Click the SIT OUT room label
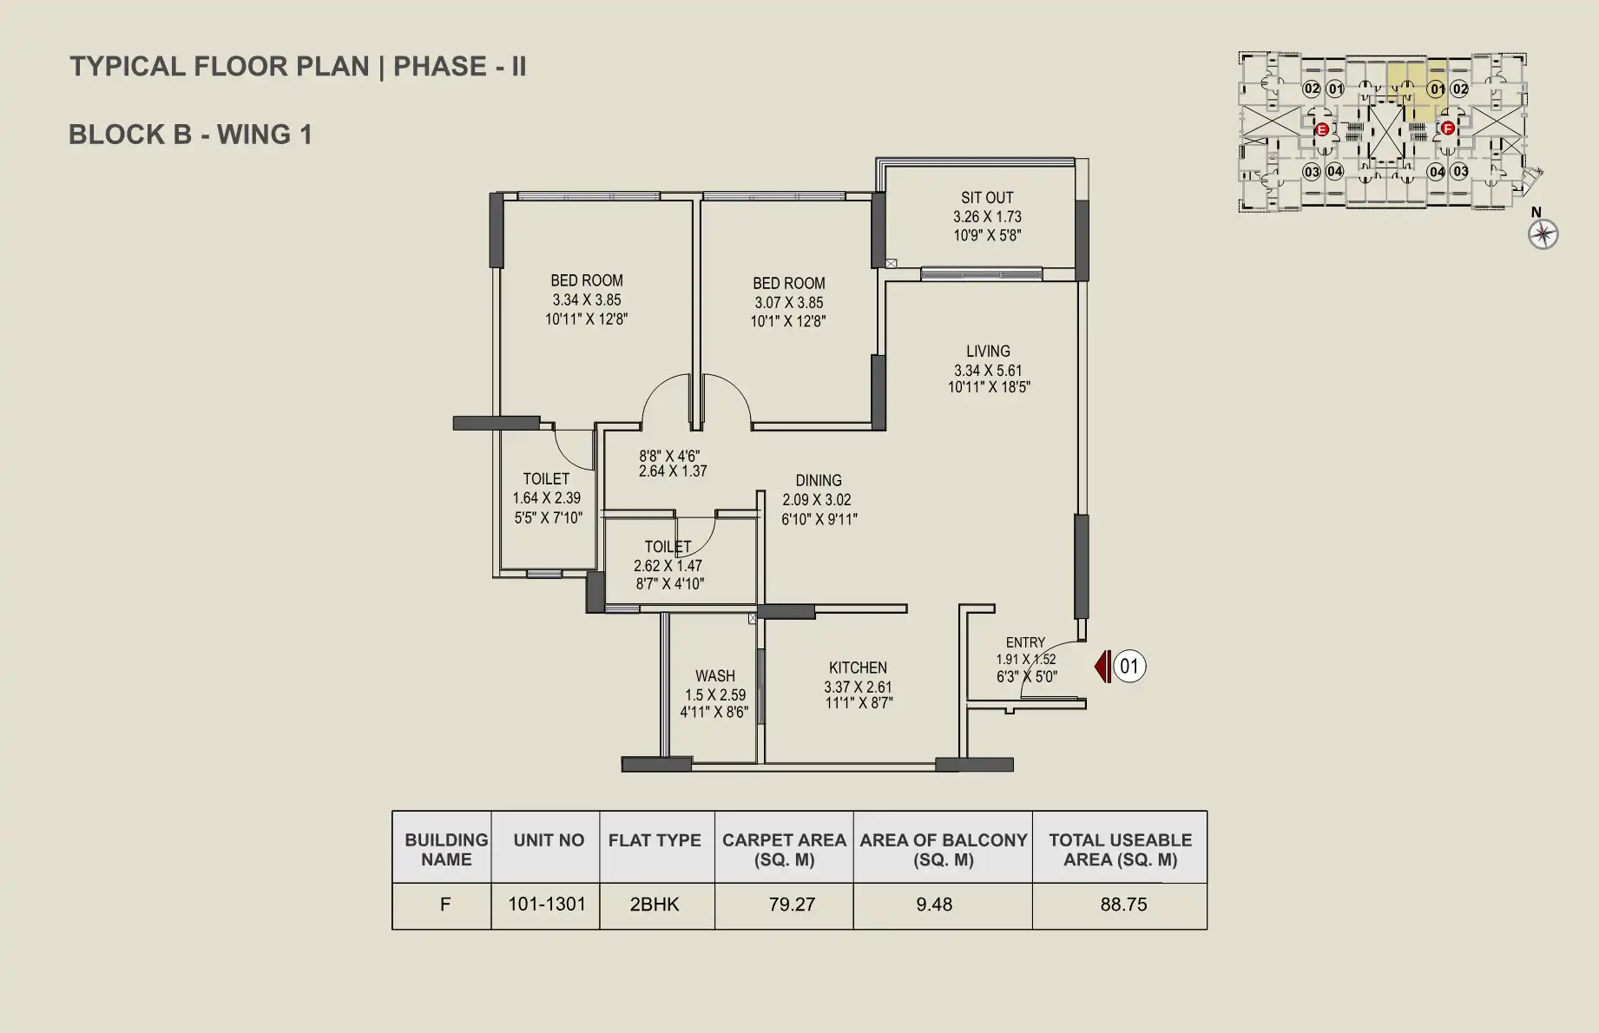point(987,198)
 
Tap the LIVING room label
point(988,352)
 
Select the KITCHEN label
point(858,668)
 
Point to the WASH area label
point(715,676)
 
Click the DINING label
point(819,481)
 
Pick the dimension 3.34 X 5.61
point(988,371)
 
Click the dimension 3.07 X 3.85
point(788,303)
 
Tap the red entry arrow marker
point(1102,667)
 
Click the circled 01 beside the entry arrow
point(1129,667)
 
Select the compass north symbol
point(1543,234)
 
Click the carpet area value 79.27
point(792,905)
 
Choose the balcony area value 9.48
point(934,905)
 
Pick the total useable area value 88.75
point(1123,905)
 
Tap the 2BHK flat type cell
point(655,905)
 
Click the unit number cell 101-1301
point(547,905)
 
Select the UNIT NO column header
point(549,840)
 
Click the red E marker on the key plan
point(1322,130)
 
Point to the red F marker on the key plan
point(1447,128)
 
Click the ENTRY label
point(1025,643)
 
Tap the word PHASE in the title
point(440,67)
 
